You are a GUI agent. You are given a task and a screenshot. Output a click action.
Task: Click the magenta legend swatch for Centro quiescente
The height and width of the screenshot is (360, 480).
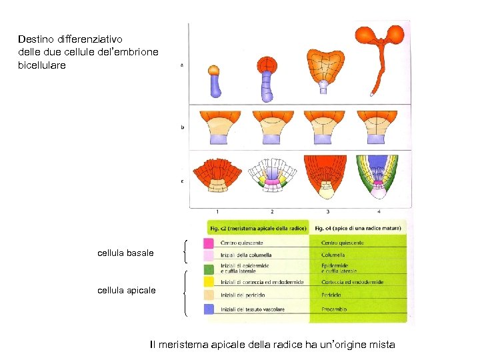pos(208,243)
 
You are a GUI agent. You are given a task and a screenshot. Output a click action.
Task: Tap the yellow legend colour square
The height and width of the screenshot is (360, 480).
pos(208,282)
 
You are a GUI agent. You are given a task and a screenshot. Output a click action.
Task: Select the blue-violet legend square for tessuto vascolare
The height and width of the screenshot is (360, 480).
pos(208,309)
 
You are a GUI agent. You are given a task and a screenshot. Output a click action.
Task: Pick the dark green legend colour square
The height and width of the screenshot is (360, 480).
pos(208,269)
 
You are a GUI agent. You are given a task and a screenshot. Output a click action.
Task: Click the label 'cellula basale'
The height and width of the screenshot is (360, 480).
pos(125,253)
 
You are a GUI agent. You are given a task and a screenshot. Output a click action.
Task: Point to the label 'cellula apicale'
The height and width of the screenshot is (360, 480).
pos(127,290)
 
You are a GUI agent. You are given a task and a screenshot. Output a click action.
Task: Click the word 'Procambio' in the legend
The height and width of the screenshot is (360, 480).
pos(333,309)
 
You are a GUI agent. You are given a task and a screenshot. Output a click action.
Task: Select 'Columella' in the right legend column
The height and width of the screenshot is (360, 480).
pos(333,255)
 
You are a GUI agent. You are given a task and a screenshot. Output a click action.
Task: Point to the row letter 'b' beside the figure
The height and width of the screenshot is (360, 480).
pos(183,127)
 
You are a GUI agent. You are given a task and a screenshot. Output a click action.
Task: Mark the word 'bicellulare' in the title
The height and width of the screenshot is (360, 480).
pos(42,65)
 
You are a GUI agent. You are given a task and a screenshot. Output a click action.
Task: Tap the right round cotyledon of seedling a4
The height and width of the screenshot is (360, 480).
pos(396,34)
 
